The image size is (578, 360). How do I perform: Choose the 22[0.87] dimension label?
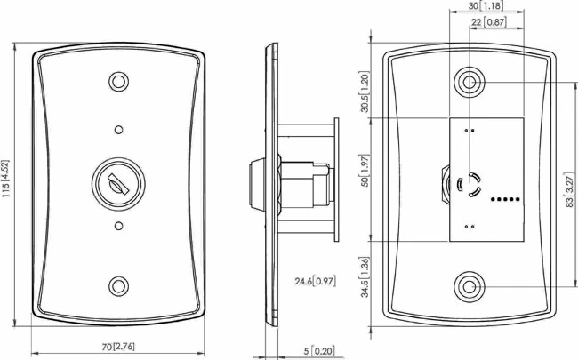(x=486, y=21)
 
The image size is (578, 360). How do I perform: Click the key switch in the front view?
(x=116, y=184)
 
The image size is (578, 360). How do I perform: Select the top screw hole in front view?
(x=117, y=82)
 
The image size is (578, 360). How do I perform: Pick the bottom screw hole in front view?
(x=117, y=286)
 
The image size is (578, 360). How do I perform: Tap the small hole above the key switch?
(x=117, y=130)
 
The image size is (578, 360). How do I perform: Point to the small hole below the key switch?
(x=117, y=228)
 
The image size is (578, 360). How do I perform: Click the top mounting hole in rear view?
(x=469, y=82)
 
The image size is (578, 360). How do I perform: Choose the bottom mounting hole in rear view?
(x=469, y=287)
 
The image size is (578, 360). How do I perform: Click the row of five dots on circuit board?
(x=506, y=200)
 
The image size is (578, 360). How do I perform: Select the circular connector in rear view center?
(x=469, y=185)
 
